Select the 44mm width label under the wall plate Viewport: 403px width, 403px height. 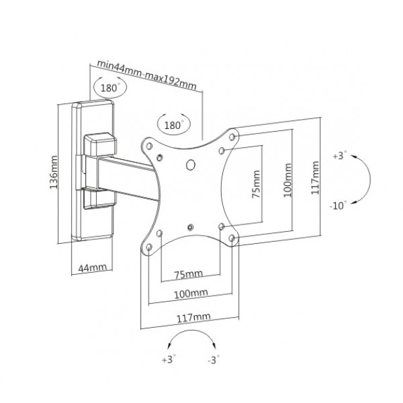tap(92, 268)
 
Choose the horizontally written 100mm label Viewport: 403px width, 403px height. tap(190, 294)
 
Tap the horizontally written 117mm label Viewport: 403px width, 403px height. tap(190, 315)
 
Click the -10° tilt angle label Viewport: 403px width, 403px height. tap(339, 206)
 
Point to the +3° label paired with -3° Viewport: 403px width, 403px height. tap(168, 361)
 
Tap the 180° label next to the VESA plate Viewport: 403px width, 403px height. tap(173, 125)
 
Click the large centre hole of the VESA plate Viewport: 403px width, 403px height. tap(190, 163)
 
